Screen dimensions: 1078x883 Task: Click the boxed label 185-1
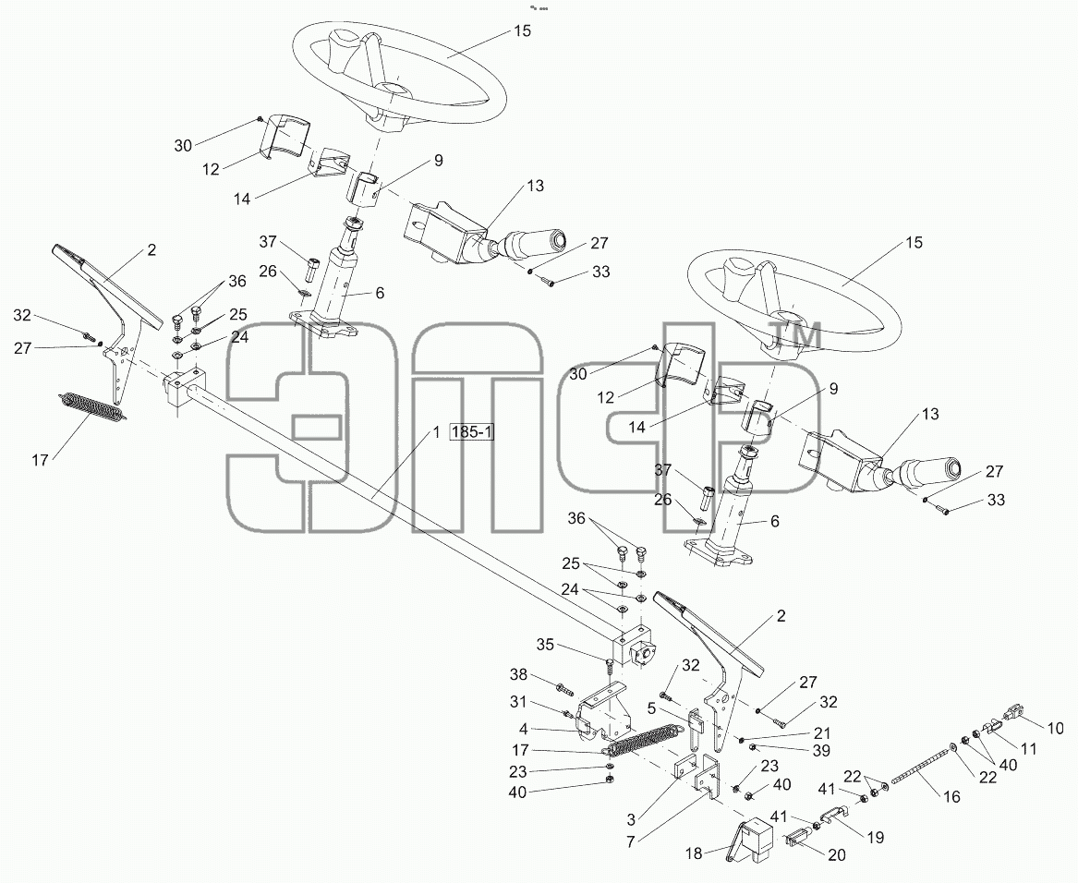coord(471,432)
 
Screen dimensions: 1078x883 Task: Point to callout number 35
coord(545,645)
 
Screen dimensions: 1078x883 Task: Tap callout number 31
coord(517,702)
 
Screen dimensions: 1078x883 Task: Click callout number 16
coord(951,797)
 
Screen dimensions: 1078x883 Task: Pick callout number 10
coord(1055,728)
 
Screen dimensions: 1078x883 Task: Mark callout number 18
coord(695,853)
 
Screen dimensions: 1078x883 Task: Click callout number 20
coord(838,855)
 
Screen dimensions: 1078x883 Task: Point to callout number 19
coord(875,838)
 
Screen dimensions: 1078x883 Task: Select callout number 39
coord(821,751)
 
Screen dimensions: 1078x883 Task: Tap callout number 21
coord(822,733)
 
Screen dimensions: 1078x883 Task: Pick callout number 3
coord(631,819)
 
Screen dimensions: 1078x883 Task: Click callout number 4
coord(523,728)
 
